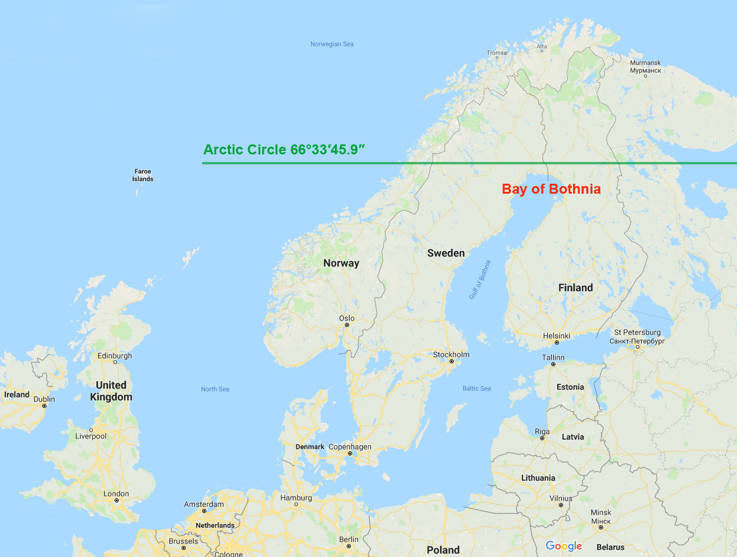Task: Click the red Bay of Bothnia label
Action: (551, 189)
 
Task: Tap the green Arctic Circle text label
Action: (284, 150)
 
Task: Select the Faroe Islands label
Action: (143, 175)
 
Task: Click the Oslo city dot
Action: (347, 325)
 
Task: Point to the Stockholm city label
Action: (451, 355)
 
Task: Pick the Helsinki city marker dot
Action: (557, 342)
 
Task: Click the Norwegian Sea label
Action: (331, 44)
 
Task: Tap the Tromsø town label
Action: (497, 53)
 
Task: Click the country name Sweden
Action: (445, 253)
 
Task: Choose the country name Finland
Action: (575, 288)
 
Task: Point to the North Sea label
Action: (215, 389)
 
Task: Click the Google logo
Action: (564, 546)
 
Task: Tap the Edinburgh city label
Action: (115, 356)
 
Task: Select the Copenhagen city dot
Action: (350, 454)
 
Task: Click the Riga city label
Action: (542, 431)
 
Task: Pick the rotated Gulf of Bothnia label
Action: (480, 279)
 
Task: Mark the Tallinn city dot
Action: (553, 364)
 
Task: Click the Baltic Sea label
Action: (477, 389)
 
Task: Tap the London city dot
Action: (116, 501)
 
